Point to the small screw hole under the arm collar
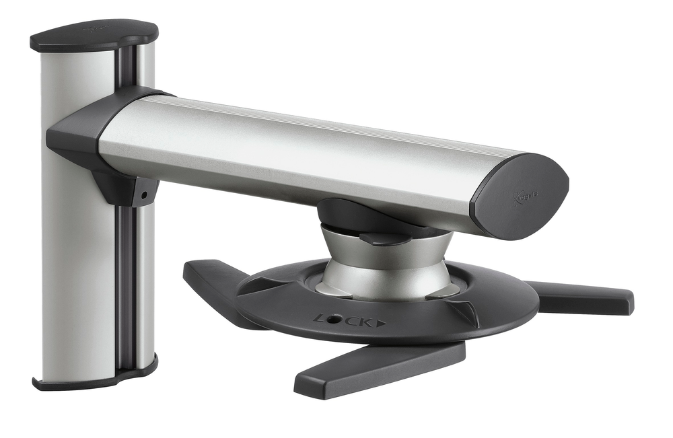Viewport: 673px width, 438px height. [143, 196]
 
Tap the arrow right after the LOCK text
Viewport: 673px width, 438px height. [382, 322]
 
